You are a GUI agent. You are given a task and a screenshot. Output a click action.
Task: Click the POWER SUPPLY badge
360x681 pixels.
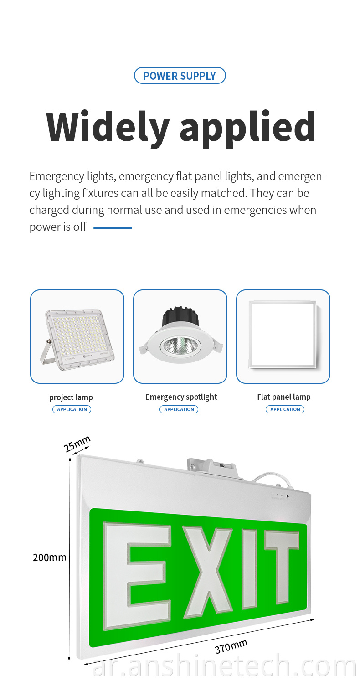click(180, 75)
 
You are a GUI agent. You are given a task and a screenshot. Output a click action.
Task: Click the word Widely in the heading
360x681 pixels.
click(108, 127)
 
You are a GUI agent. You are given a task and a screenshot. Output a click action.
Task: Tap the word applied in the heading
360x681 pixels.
click(247, 128)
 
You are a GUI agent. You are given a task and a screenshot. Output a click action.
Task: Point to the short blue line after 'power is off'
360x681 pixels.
click(113, 228)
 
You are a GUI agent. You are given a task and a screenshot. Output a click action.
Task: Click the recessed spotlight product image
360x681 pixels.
click(180, 335)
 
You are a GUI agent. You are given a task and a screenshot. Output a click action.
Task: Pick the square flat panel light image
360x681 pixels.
click(283, 335)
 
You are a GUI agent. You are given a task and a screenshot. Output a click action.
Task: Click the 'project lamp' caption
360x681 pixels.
click(71, 397)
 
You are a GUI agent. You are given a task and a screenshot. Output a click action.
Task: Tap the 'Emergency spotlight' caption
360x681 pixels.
click(181, 397)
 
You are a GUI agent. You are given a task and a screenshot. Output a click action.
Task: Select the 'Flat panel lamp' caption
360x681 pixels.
click(284, 397)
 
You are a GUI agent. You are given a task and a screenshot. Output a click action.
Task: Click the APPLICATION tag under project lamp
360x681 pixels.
click(72, 409)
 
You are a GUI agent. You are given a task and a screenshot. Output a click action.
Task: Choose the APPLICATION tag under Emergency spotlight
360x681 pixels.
click(179, 409)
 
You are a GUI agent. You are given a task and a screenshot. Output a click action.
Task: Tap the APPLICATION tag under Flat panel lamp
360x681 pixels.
click(285, 409)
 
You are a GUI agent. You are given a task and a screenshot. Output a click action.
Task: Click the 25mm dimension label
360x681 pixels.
click(77, 444)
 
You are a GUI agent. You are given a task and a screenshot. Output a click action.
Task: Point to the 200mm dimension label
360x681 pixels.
click(50, 557)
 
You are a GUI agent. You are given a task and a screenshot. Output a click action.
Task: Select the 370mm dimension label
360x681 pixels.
click(231, 646)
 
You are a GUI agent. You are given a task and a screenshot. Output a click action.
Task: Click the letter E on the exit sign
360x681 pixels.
click(137, 576)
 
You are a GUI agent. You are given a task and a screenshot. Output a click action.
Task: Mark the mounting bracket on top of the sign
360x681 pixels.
click(211, 469)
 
